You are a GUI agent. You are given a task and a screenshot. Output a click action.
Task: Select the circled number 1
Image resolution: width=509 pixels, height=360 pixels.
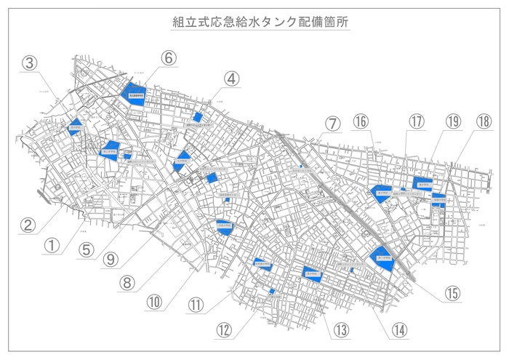tap(51, 245)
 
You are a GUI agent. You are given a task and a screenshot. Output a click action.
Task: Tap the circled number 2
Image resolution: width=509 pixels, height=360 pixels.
tap(28, 225)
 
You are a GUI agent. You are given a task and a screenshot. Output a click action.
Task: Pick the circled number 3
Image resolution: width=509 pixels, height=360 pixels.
tap(29, 63)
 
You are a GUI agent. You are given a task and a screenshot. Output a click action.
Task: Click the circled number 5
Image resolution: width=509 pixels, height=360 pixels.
tap(87, 249)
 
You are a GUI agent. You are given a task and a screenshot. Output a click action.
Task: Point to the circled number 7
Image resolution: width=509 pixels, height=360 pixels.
tap(332, 123)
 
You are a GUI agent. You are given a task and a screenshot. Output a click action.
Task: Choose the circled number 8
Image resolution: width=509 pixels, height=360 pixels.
tap(127, 281)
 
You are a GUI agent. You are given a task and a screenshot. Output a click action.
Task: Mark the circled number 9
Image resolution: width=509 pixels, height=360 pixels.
tap(110, 257)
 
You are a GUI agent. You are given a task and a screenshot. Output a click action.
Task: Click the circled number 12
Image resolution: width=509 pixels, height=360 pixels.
tap(224, 329)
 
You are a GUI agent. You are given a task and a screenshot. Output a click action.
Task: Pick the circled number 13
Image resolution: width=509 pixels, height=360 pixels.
tap(341, 329)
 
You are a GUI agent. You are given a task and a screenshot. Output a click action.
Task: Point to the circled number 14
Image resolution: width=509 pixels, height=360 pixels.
tap(398, 329)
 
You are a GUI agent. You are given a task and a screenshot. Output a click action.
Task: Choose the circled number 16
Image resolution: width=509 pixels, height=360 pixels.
tap(361, 121)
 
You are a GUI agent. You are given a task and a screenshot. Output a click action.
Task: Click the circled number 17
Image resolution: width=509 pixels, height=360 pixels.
tap(416, 121)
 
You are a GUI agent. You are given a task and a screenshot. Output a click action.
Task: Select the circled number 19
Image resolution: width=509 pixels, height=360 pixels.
tap(454, 121)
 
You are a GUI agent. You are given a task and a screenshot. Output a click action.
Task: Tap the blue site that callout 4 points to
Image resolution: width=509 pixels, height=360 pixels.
tap(197, 117)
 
